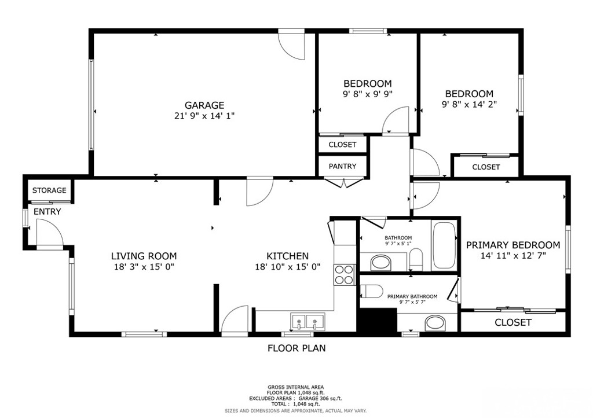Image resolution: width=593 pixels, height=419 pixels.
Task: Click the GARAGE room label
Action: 204,105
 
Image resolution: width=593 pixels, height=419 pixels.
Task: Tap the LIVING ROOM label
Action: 144,256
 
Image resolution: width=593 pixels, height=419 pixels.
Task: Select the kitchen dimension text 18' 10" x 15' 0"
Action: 288,267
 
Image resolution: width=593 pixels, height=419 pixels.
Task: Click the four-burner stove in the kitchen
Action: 344,275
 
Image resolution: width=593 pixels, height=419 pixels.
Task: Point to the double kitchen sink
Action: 308,321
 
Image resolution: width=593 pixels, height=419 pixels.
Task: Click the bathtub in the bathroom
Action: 444,245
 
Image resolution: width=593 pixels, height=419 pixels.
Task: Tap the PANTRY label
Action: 342,166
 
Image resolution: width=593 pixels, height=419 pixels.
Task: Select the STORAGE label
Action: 49,190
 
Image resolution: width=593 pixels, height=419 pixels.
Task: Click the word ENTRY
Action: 47,212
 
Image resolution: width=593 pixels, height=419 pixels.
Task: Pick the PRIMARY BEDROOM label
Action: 513,245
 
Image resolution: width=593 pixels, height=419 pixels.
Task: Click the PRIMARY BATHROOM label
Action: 412,296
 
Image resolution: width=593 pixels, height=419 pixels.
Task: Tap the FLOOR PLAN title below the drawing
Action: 296,348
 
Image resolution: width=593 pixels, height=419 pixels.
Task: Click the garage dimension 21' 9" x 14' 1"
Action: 204,116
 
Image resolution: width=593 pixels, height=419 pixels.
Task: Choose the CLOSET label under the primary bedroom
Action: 513,323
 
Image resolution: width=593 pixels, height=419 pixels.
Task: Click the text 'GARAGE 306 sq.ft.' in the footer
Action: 320,399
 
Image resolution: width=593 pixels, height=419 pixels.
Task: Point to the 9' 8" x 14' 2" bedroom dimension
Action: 469,105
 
